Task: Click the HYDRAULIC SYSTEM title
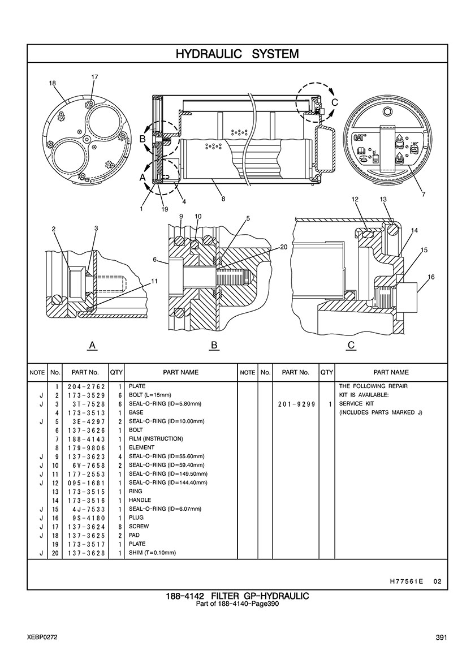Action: [237, 54]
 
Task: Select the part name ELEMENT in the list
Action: [142, 447]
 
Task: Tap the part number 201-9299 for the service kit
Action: [296, 404]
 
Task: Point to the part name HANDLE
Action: [140, 500]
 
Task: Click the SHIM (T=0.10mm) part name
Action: [153, 553]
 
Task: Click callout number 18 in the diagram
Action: [53, 83]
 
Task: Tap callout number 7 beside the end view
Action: [424, 195]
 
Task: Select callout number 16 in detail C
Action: [431, 277]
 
